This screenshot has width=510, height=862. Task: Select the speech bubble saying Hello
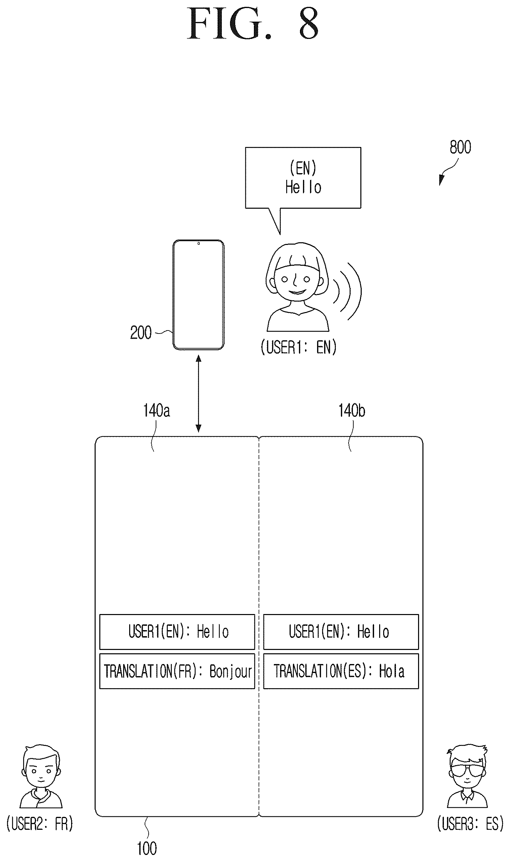coord(303,178)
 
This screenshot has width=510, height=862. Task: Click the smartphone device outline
coord(198,295)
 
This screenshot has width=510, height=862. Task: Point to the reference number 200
coord(141,333)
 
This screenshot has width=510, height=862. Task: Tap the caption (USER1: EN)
coord(298,347)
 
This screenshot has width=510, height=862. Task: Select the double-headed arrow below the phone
coord(198,393)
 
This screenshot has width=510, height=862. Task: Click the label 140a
coord(156,411)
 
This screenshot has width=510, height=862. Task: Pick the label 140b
coord(352,411)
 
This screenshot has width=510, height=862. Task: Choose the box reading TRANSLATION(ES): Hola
coord(341,671)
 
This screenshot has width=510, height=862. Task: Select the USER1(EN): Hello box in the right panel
coord(341,631)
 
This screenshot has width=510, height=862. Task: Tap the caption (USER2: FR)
coord(40,823)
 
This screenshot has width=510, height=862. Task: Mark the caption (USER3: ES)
coord(470,823)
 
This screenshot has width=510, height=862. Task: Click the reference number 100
coord(147,848)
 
